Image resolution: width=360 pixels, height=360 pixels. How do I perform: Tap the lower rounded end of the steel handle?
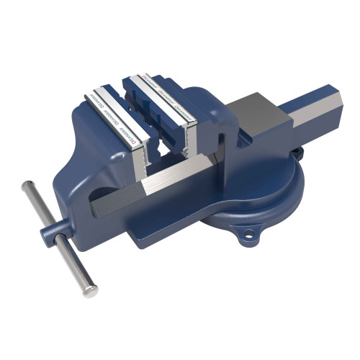(91, 291)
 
